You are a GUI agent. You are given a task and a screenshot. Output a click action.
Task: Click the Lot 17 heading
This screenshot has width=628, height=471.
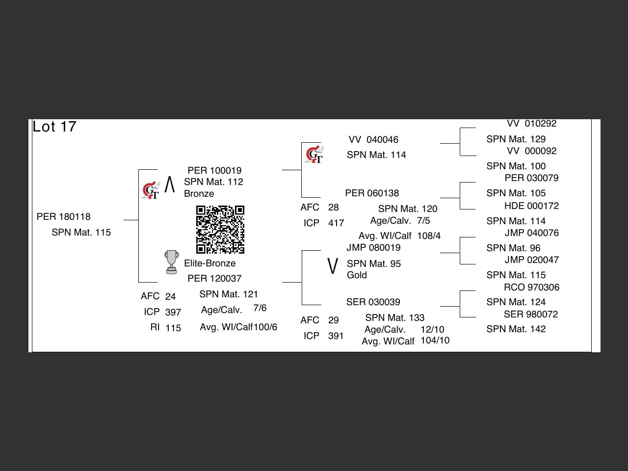point(54,127)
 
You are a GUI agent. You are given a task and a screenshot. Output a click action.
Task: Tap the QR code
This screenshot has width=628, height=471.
point(220,230)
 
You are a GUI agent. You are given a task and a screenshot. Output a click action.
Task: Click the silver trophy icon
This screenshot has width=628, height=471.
point(171,262)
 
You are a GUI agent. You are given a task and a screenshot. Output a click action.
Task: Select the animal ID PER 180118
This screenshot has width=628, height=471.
point(64,217)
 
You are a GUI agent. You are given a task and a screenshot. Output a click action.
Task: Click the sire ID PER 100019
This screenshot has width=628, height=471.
point(214,171)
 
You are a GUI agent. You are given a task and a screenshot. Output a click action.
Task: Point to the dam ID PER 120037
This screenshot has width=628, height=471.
point(214,279)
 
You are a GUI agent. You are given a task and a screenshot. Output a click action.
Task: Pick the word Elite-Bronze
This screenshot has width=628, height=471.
point(210,263)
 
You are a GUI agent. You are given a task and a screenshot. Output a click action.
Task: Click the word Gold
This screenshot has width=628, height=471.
point(357,275)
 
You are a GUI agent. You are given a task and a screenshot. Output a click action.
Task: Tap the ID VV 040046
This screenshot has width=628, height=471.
point(373,140)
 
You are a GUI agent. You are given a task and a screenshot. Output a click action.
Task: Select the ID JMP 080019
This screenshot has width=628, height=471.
point(373,248)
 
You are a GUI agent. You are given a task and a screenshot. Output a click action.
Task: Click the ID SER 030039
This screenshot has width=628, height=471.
point(373,302)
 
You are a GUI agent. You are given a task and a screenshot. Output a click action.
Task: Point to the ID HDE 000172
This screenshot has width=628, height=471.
point(531,206)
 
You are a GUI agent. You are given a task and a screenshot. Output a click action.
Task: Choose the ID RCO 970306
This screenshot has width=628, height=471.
point(531,288)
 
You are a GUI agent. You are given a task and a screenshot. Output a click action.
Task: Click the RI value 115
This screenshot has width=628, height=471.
point(173,328)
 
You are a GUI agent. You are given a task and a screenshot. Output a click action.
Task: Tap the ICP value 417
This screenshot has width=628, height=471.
point(336,223)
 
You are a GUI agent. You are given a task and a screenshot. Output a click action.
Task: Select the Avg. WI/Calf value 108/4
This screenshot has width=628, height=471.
point(429,236)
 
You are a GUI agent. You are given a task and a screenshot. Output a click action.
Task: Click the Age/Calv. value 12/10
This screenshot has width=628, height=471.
point(432,330)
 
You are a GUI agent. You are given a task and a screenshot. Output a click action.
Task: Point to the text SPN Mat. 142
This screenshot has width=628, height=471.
point(516,329)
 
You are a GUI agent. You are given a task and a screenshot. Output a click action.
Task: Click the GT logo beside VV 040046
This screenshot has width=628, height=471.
point(314,155)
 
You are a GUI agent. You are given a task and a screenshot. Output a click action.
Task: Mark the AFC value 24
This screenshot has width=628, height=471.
point(170,297)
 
